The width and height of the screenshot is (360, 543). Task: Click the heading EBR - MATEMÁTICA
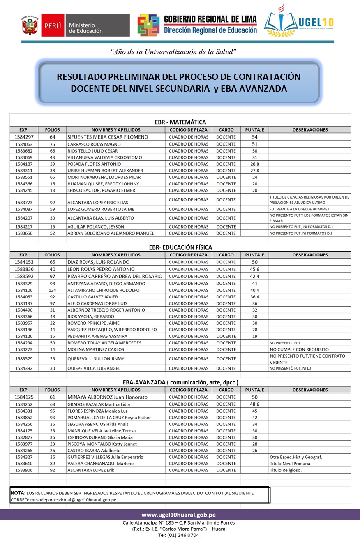coord(180,122)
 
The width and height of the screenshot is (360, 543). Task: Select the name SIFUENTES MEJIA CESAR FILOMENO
coord(108,137)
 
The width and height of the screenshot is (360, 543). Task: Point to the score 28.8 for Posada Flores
coord(254,164)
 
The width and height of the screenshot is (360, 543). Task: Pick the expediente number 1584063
coord(24,144)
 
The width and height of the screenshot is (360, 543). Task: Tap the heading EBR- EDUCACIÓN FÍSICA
coord(180,247)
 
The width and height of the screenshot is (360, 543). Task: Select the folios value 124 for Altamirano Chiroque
coord(52,290)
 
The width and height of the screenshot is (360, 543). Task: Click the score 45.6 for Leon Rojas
coord(254,269)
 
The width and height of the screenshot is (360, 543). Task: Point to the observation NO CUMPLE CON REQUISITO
coord(302,349)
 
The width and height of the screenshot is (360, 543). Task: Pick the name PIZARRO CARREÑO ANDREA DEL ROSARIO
coord(115,276)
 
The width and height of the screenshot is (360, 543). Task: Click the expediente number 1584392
coord(24,368)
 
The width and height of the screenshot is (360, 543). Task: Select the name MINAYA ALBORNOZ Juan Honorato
coord(107,397)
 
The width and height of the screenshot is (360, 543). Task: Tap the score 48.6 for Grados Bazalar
coord(254,404)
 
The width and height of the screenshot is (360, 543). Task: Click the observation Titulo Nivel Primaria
coord(290,464)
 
